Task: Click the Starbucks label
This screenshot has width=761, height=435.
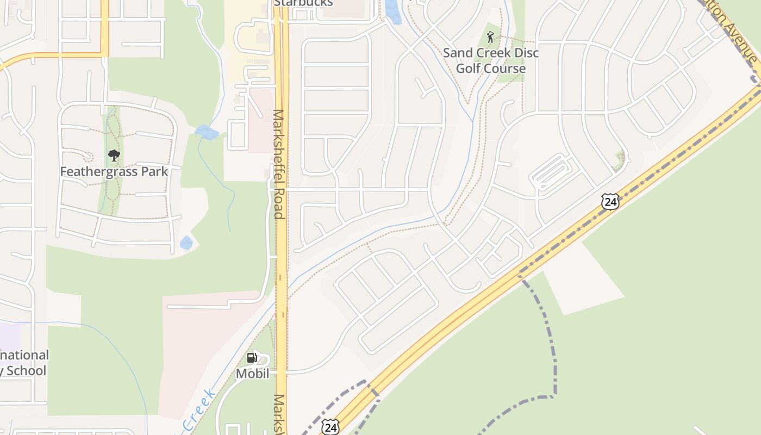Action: [303, 3]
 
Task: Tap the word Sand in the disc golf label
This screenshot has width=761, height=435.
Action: [458, 53]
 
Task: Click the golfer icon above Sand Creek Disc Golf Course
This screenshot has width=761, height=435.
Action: [491, 37]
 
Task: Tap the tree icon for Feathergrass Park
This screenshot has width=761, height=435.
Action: [114, 156]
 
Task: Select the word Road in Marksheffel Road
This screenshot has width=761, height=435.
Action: [279, 203]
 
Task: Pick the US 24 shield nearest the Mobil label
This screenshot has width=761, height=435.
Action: [330, 427]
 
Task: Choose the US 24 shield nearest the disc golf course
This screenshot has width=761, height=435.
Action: [610, 202]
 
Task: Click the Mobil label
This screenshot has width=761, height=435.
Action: [252, 374]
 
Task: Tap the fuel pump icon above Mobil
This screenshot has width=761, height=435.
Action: [252, 358]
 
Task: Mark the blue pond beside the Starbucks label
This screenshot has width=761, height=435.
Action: [392, 12]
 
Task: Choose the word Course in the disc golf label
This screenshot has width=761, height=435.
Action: [506, 69]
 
